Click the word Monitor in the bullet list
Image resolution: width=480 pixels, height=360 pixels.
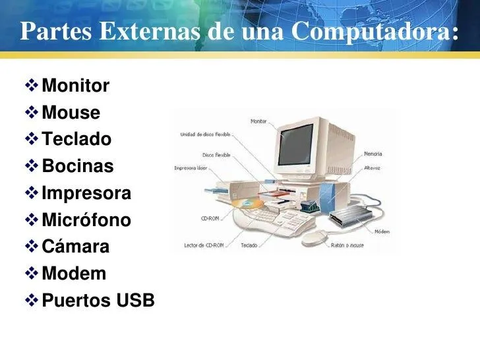pyautogui.click(x=75, y=86)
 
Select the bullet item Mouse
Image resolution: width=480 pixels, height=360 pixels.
pyautogui.click(x=71, y=113)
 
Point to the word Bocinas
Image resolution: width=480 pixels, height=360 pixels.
pyautogui.click(x=77, y=167)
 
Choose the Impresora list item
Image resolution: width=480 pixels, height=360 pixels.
pyautogui.click(x=86, y=194)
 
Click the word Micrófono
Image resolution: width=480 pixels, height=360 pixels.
pyautogui.click(x=86, y=220)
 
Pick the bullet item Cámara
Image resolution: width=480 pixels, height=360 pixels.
pyautogui.click(x=76, y=247)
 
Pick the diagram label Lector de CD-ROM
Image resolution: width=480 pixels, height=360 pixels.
pyautogui.click(x=204, y=245)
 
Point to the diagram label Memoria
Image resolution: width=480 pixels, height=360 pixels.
pyautogui.click(x=373, y=154)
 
